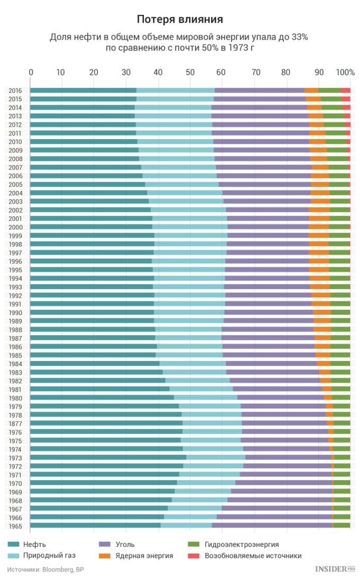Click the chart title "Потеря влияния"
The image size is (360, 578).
click(179, 20)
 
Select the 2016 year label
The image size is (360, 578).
click(15, 91)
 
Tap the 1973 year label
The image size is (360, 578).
click(15, 457)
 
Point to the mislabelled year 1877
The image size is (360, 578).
click(15, 423)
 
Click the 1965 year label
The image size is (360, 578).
click(15, 526)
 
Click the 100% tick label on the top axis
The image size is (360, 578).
click(345, 73)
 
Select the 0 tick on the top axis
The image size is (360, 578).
click(31, 73)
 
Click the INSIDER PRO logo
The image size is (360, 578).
click(334, 569)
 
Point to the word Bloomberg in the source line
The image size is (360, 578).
click(57, 570)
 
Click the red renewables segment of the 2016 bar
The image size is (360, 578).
click(345, 91)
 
